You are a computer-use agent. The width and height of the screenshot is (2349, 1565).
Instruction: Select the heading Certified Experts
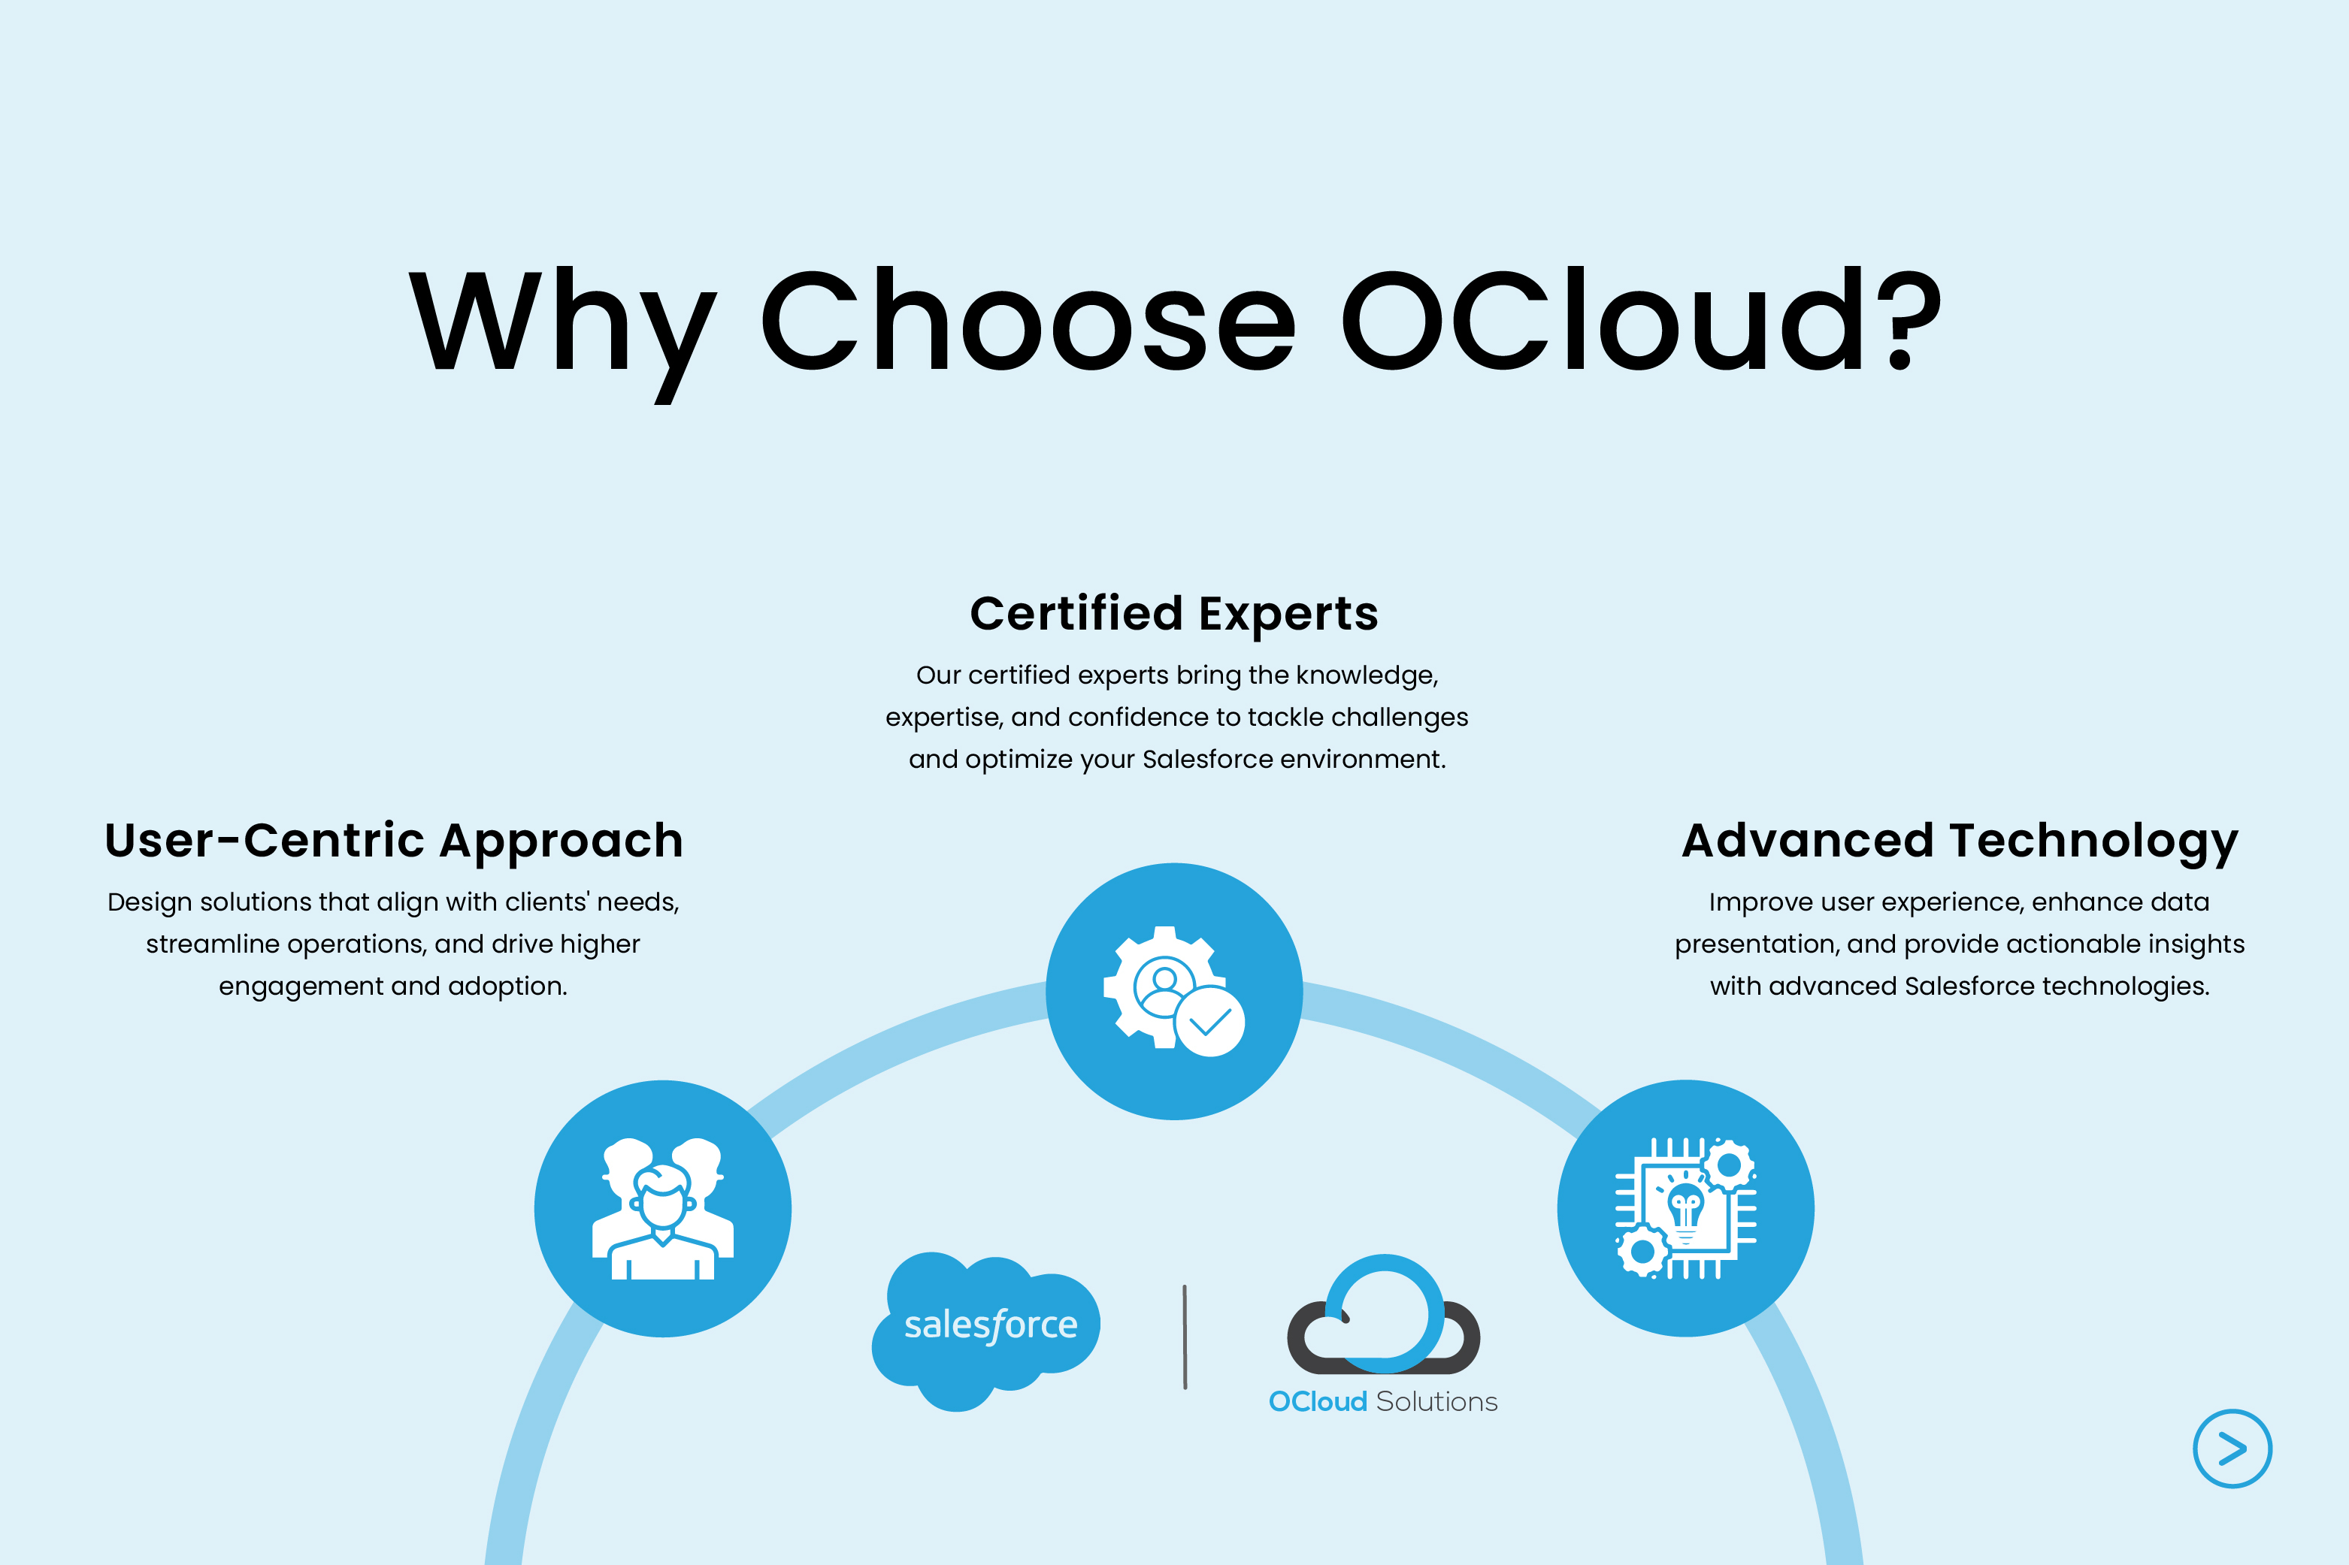(x=1174, y=613)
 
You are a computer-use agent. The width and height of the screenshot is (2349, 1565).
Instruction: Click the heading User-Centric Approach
(x=393, y=841)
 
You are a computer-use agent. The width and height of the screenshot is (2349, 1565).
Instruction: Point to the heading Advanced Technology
(x=1960, y=841)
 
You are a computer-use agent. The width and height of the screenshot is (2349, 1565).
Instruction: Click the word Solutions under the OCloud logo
(x=1436, y=1402)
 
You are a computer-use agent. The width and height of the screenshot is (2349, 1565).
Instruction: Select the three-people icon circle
(x=663, y=1209)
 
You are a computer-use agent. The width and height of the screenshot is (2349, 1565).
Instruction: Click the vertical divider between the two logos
(x=1185, y=1337)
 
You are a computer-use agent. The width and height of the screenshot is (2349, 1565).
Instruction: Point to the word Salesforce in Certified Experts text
(x=1208, y=760)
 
